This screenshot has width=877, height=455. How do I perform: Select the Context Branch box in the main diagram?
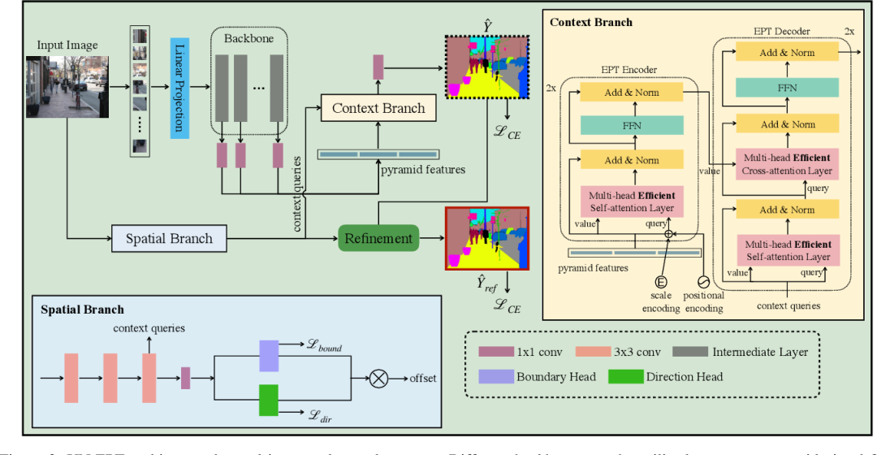[378, 108]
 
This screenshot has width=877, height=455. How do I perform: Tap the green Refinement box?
[378, 239]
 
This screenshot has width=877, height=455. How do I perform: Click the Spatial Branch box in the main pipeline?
[169, 239]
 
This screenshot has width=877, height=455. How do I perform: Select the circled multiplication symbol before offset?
[379, 378]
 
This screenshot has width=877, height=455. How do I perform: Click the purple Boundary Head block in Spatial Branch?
[269, 356]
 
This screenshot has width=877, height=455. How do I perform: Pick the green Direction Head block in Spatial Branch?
[269, 401]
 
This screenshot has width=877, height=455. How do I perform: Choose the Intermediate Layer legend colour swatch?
[692, 352]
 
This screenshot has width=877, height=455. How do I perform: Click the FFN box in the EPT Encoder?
[631, 126]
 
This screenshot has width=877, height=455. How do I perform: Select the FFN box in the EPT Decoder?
[786, 88]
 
